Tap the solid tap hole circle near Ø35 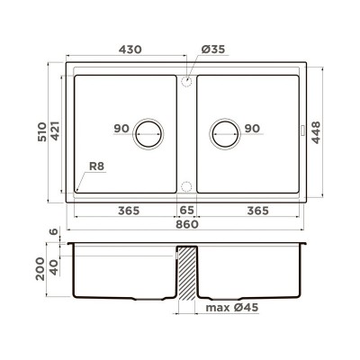click(186, 81)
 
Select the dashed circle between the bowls click(186, 187)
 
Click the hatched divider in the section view click(186, 274)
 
